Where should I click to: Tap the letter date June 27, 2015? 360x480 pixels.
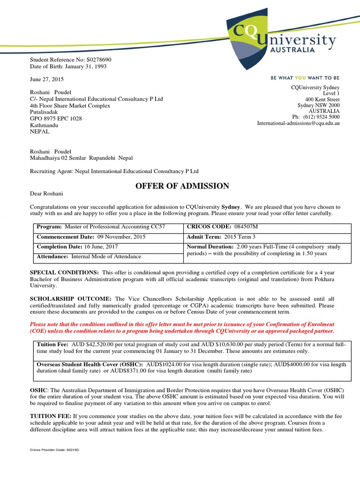[47, 79]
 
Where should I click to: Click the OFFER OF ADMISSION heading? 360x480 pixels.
[182, 186]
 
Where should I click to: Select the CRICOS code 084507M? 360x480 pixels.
[242, 227]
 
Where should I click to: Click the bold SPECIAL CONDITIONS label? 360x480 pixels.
[64, 272]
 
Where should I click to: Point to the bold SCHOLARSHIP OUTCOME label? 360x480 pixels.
[71, 299]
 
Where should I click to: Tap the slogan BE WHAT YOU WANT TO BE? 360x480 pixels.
[305, 78]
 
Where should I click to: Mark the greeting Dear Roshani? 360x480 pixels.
[46, 194]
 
